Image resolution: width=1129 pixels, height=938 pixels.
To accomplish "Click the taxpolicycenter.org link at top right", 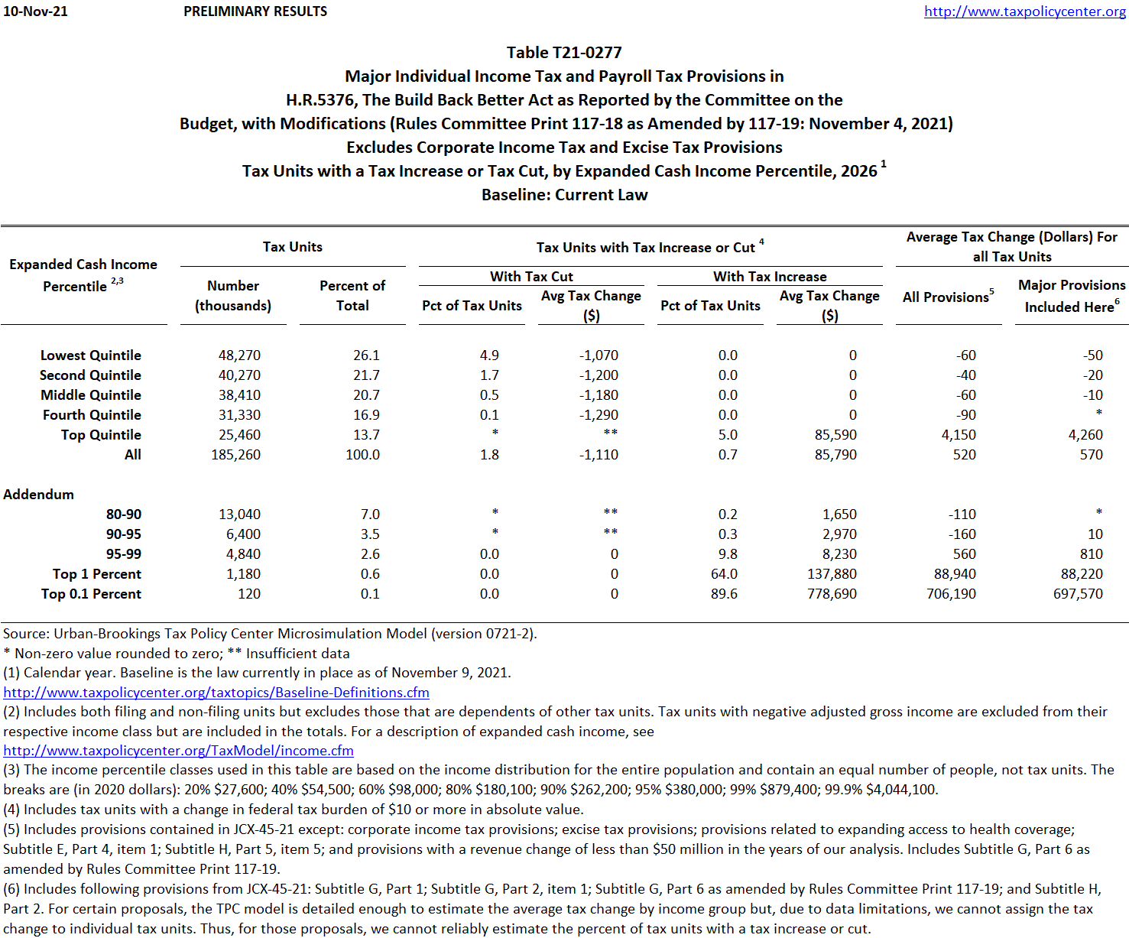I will coord(1024,11).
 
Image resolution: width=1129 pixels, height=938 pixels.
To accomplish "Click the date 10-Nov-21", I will coord(35,11).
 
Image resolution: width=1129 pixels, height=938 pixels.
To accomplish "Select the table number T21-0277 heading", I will coord(564,52).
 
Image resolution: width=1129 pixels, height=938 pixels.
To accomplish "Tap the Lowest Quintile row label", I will coord(90,355).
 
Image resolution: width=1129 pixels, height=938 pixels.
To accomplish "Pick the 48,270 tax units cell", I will coord(239,355).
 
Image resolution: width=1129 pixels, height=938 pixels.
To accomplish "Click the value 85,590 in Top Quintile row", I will coord(835,434).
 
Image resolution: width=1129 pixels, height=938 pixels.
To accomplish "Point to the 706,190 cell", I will coord(951,593).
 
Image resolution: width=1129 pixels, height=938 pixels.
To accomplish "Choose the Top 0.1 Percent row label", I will coord(91,593).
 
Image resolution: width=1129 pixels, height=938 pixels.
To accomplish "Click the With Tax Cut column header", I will coord(531,276).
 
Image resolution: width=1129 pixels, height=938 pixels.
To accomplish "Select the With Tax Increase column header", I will coord(770,276).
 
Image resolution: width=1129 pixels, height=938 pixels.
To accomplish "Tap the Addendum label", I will coord(38,494).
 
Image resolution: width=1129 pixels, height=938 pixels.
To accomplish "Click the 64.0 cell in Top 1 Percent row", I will coord(724,573).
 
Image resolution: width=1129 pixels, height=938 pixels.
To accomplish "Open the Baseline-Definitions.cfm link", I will coord(216,693).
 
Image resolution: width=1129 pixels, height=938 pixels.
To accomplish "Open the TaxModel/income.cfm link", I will coord(178,751).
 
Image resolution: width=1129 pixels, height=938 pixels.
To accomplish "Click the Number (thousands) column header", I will coord(233,295).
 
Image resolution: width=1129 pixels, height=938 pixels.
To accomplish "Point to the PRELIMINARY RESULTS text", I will coord(255,11).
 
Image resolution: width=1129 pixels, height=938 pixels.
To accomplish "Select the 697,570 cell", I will coord(1078,593).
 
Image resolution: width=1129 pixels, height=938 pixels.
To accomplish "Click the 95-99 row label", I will coord(124,553).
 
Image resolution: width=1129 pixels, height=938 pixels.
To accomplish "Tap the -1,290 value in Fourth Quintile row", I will coord(599,414).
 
